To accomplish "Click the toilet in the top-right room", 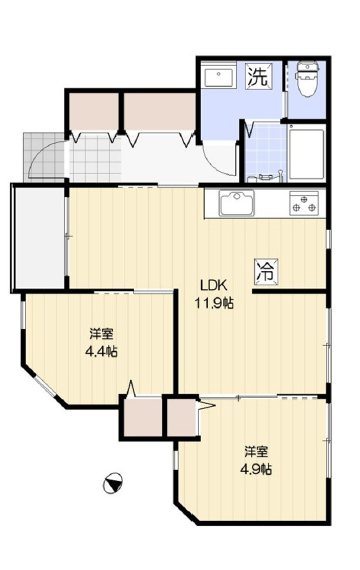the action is click(x=307, y=79).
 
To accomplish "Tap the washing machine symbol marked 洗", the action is click(x=258, y=76).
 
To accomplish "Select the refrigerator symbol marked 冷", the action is click(x=266, y=271).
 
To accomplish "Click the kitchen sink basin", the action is click(x=237, y=202).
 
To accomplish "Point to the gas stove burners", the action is click(x=303, y=203).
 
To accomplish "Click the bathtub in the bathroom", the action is click(x=307, y=153).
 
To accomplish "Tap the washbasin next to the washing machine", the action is click(x=218, y=76).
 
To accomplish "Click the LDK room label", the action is click(x=214, y=285).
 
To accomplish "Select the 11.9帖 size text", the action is click(x=214, y=303).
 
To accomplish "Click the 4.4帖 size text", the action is click(x=101, y=351).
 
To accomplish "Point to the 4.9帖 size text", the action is click(x=256, y=469).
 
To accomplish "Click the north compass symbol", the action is click(x=112, y=483).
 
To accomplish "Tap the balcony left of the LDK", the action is click(x=39, y=238).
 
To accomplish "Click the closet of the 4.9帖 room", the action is click(x=181, y=417).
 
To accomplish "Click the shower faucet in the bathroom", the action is click(x=265, y=176).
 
